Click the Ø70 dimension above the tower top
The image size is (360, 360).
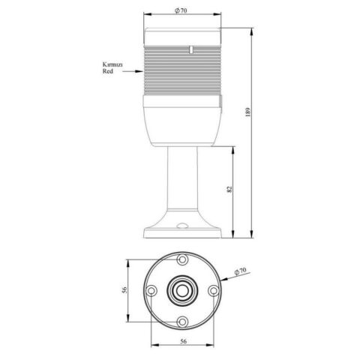(180, 11)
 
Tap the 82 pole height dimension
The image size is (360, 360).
(229, 190)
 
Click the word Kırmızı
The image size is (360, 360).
(112, 65)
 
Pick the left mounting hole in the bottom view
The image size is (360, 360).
(151, 290)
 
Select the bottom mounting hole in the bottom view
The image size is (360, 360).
(182, 321)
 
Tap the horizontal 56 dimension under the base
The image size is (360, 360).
(182, 340)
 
